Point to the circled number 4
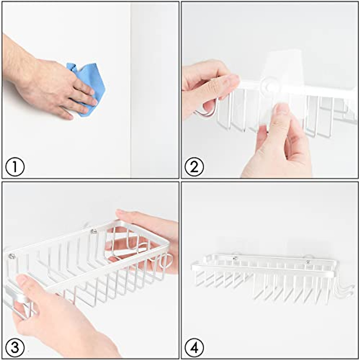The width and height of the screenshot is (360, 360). tap(194, 348)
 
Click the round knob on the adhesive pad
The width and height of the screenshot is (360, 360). tap(269, 86)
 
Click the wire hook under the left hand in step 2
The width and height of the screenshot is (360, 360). tap(207, 111)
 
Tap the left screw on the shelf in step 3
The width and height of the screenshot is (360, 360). tap(12, 256)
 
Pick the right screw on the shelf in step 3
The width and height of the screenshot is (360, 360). tap(94, 231)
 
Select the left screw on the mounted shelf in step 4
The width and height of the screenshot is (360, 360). tap(235, 258)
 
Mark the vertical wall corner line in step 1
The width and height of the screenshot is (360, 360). tap(131, 90)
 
